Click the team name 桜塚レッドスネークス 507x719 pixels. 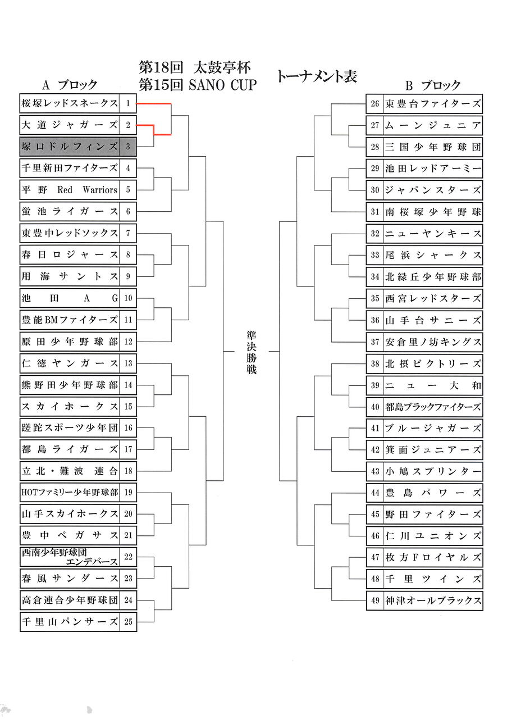coord(70,103)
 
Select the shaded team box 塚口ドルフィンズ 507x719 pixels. coord(70,147)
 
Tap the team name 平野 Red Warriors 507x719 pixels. coord(70,190)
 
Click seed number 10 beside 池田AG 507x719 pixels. coord(128,298)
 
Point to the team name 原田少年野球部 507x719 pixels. coord(70,342)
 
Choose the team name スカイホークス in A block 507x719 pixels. coord(70,406)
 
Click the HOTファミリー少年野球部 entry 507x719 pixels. coord(70,493)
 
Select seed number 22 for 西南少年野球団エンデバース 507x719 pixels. coord(128,557)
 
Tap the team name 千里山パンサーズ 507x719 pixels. coord(70,622)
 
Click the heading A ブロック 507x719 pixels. coord(70,85)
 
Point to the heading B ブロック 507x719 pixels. coord(433,85)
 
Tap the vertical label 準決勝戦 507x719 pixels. coord(251,352)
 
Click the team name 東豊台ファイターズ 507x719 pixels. coord(432,104)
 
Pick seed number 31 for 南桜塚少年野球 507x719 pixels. coord(375,212)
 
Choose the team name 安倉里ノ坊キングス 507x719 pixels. coord(432,342)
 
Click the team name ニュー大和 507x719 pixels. coord(432,386)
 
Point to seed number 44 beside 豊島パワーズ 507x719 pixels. coord(375,493)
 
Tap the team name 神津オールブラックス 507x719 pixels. coord(432,600)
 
